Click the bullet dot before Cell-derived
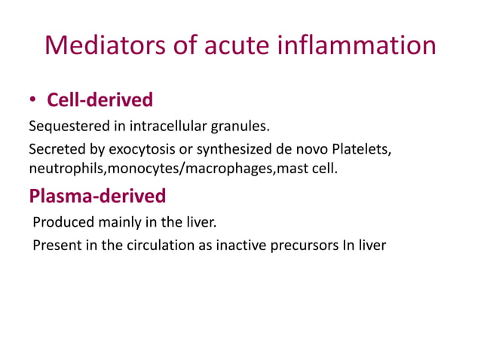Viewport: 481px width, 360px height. (35, 100)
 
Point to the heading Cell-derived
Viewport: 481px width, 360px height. (100, 99)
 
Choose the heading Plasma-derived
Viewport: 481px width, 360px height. (97, 196)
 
